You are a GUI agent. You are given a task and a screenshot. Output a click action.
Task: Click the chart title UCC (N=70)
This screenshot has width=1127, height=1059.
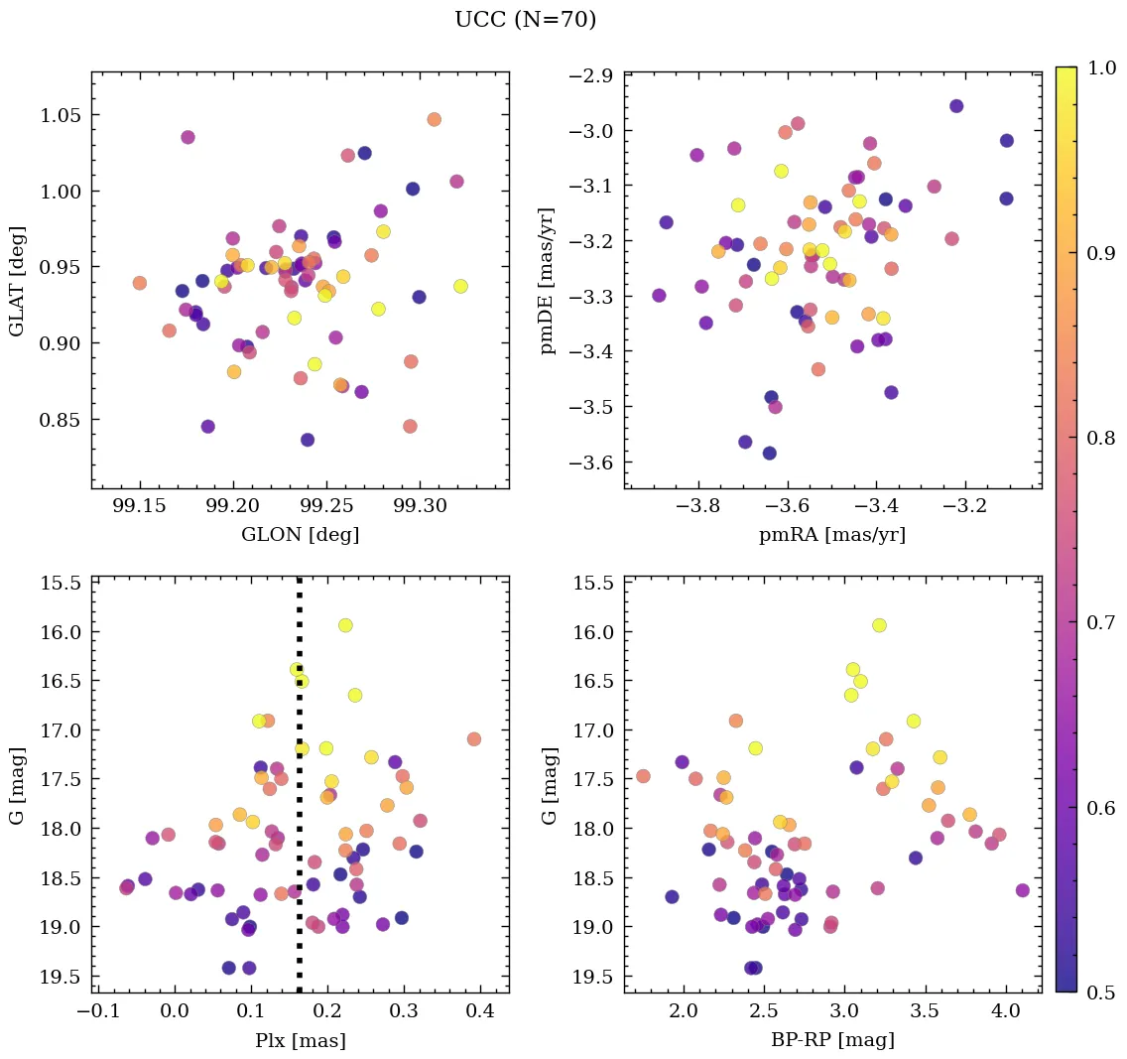pos(525,20)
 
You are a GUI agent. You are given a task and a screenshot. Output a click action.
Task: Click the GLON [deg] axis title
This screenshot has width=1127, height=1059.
pos(300,535)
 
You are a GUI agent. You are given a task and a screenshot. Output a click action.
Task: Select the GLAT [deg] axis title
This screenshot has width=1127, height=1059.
pos(17,281)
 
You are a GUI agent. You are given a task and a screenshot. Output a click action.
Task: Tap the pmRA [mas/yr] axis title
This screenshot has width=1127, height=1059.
pos(831,535)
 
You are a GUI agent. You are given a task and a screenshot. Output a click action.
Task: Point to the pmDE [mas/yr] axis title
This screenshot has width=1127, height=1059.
pos(548,281)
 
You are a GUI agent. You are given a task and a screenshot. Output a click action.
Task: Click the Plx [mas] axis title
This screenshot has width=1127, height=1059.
pos(300,1040)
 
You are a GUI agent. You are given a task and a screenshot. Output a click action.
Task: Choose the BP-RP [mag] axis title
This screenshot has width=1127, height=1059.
pos(831,1040)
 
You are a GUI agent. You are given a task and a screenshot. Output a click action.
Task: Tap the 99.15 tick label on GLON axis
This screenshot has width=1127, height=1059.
pos(140,507)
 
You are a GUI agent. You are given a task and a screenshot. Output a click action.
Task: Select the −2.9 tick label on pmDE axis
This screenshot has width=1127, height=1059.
pos(592,76)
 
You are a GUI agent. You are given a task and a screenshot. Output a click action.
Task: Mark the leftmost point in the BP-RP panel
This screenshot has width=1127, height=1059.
pos(643,776)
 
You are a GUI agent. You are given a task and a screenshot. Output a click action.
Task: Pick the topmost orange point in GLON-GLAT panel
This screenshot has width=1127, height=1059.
pos(434,119)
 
